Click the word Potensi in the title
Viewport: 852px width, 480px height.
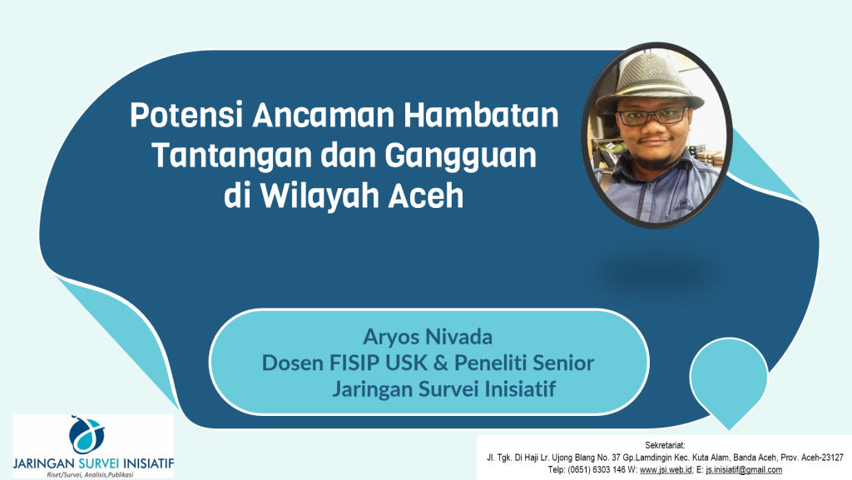(x=186, y=115)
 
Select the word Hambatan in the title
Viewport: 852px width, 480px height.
(x=482, y=115)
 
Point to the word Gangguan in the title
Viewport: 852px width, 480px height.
(x=461, y=156)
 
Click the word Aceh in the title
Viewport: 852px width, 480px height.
(x=425, y=196)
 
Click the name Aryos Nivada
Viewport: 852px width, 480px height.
(x=428, y=337)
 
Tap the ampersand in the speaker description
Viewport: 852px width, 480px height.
(x=441, y=363)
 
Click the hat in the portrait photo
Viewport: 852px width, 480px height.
(x=649, y=81)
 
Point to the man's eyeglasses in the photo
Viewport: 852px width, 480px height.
(x=652, y=116)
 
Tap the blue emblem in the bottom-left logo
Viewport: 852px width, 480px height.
(x=87, y=434)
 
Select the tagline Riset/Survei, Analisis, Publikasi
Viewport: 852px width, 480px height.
(x=90, y=474)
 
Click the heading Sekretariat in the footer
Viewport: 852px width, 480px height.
(x=665, y=446)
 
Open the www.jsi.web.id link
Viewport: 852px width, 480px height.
(x=665, y=470)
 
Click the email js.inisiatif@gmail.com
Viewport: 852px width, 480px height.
(x=744, y=470)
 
